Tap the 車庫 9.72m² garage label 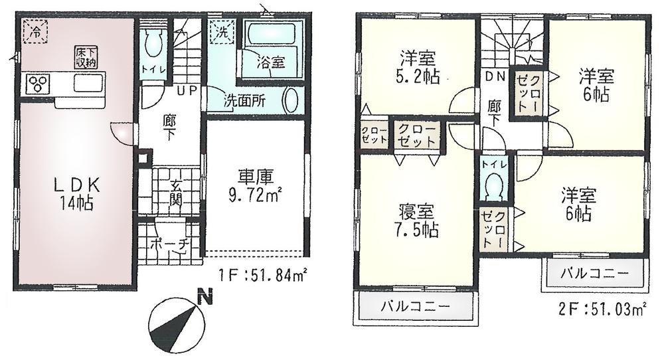click(x=255, y=188)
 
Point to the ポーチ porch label click(x=169, y=244)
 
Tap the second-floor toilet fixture click(x=493, y=185)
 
